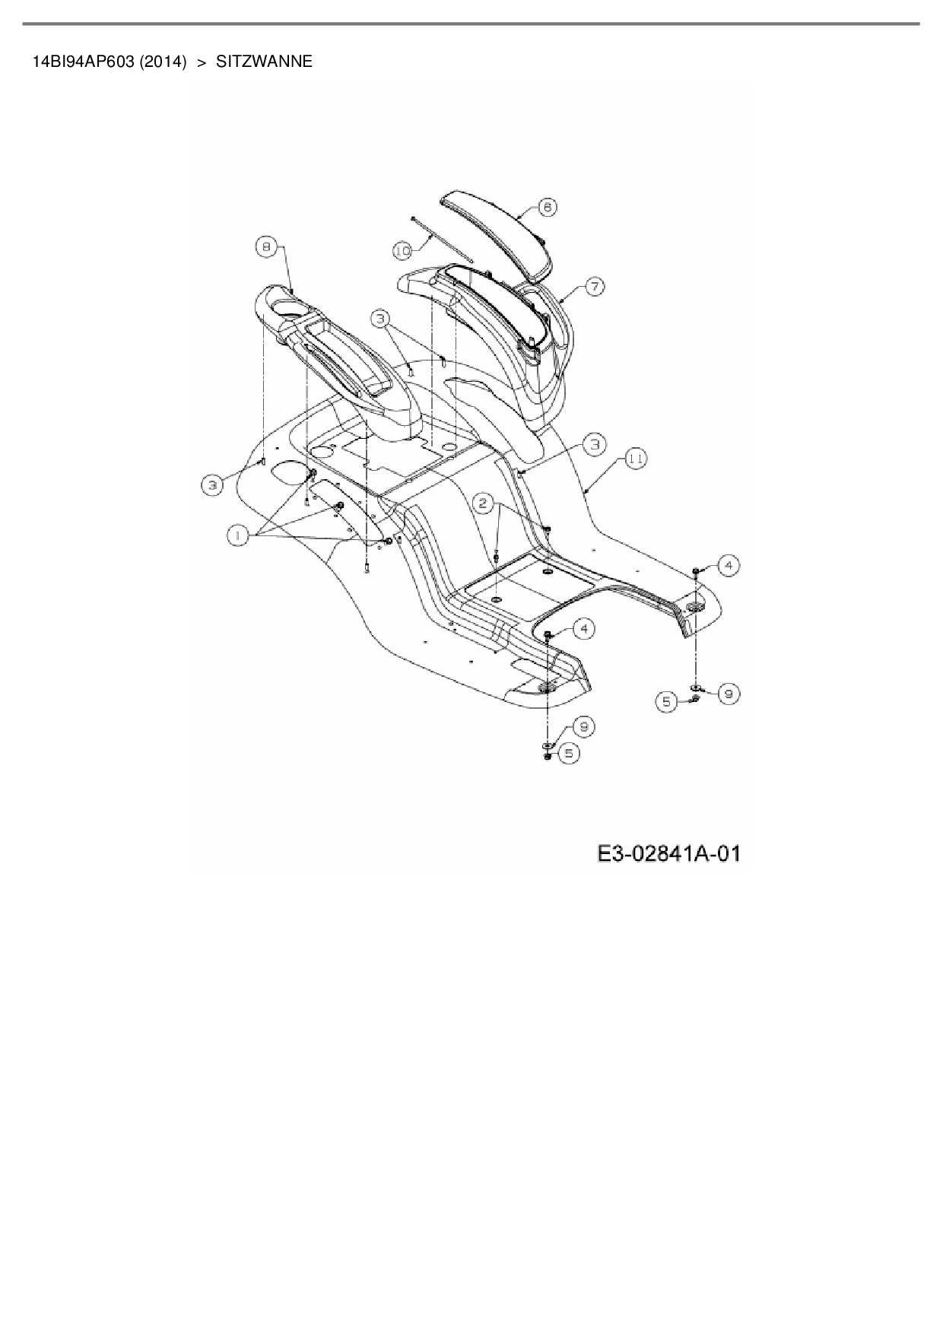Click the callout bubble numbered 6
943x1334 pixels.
click(x=547, y=207)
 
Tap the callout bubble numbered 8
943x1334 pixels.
click(x=265, y=247)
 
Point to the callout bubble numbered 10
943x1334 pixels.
click(x=403, y=249)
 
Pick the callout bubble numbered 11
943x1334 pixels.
click(x=636, y=459)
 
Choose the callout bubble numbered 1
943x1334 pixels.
click(x=238, y=535)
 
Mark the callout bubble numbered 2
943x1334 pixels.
click(x=484, y=503)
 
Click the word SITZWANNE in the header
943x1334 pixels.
click(x=264, y=62)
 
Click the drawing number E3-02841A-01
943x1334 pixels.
click(x=668, y=854)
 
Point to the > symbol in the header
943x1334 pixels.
click(x=202, y=62)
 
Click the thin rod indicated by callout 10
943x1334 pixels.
click(x=441, y=240)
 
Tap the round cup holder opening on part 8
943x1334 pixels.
click(x=287, y=311)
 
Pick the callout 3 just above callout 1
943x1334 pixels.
click(x=213, y=484)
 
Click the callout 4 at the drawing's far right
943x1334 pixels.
click(x=728, y=565)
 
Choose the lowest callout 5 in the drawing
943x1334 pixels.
click(x=568, y=753)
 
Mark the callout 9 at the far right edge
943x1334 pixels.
click(x=728, y=693)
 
